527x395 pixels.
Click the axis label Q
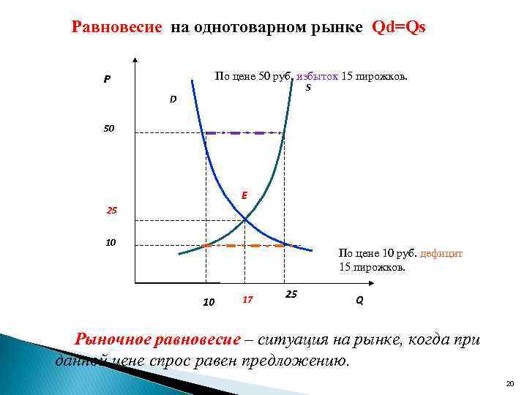(x=359, y=301)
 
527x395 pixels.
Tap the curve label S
(x=308, y=88)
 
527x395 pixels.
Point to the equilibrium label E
(x=244, y=195)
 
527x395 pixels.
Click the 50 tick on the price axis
(x=108, y=129)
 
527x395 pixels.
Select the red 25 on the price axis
(x=112, y=211)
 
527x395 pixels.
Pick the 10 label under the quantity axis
(x=209, y=301)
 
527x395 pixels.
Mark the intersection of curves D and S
(x=244, y=219)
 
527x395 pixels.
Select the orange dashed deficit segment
(x=249, y=246)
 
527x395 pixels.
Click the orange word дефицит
(x=441, y=253)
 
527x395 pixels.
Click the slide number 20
(x=510, y=383)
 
